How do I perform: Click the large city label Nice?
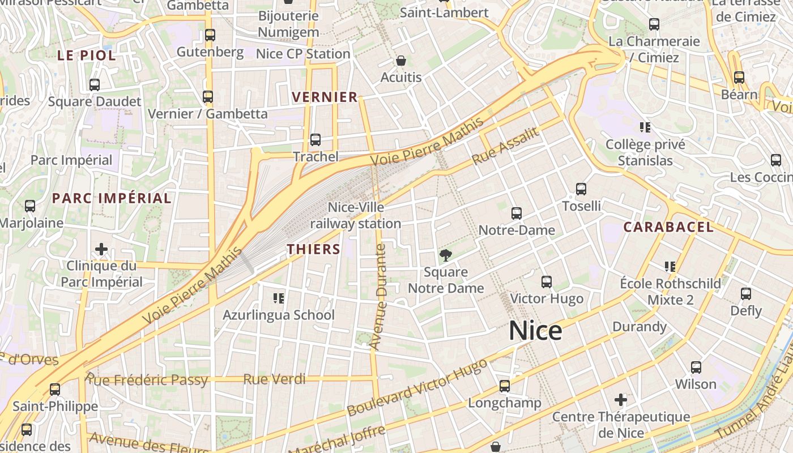pyautogui.click(x=535, y=331)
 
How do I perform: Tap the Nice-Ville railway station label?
pyautogui.click(x=356, y=216)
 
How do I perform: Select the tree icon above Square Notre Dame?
pyautogui.click(x=446, y=255)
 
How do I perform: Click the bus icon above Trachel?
pyautogui.click(x=316, y=139)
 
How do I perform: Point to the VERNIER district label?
pyautogui.click(x=325, y=97)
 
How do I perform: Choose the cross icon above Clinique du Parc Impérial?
pyautogui.click(x=101, y=249)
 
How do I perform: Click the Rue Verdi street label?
pyautogui.click(x=274, y=379)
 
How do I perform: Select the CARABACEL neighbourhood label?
pyautogui.click(x=668, y=227)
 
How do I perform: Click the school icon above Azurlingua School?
pyautogui.click(x=278, y=298)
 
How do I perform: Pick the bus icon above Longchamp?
pyautogui.click(x=505, y=386)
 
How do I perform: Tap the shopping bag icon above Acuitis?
pyautogui.click(x=401, y=61)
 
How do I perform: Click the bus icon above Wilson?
pyautogui.click(x=696, y=367)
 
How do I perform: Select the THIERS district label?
pyautogui.click(x=313, y=249)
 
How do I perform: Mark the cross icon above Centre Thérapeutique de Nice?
pyautogui.click(x=621, y=400)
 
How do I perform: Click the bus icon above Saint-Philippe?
pyautogui.click(x=55, y=390)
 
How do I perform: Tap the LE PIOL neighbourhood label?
pyautogui.click(x=87, y=55)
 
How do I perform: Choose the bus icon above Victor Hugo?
pyautogui.click(x=547, y=281)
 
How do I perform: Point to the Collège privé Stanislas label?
pyautogui.click(x=645, y=152)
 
